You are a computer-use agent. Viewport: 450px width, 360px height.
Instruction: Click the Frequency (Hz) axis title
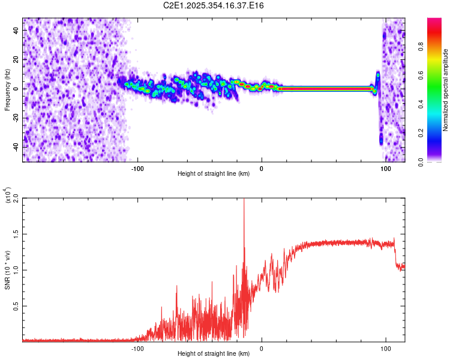point(8,89)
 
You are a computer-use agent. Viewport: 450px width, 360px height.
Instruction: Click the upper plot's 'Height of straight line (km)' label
point(214,174)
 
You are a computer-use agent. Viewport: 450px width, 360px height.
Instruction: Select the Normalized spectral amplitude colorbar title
point(445,90)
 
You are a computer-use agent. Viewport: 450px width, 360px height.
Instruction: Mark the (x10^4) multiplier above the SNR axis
point(8,196)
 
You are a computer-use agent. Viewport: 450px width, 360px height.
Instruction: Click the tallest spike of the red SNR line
point(244,199)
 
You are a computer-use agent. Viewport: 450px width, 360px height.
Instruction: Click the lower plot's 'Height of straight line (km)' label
point(214,353)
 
